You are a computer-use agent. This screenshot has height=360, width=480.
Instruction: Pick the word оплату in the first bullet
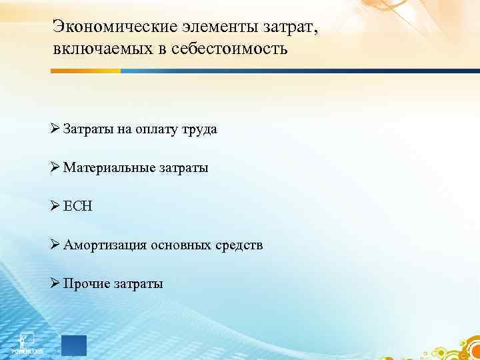pyautogui.click(x=156, y=129)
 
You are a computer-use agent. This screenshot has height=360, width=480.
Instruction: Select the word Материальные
pyautogui.click(x=110, y=168)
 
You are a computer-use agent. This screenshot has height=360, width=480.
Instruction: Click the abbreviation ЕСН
pyautogui.click(x=78, y=207)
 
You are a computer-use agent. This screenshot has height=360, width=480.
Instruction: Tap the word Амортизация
pyautogui.click(x=105, y=245)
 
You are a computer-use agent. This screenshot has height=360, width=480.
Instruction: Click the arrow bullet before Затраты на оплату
pyautogui.click(x=55, y=129)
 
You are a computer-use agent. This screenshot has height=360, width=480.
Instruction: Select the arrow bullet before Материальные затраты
pyautogui.click(x=55, y=168)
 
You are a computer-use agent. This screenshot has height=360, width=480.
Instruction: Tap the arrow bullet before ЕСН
pyautogui.click(x=55, y=207)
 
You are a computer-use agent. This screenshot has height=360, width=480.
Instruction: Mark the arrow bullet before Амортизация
pyautogui.click(x=55, y=245)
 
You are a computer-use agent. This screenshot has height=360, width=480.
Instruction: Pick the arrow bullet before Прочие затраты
pyautogui.click(x=55, y=284)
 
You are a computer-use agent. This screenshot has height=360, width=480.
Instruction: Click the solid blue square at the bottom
pyautogui.click(x=73, y=345)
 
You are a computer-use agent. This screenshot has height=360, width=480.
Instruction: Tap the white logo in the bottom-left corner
pyautogui.click(x=27, y=341)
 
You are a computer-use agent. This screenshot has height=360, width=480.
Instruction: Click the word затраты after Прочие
pyautogui.click(x=137, y=284)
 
